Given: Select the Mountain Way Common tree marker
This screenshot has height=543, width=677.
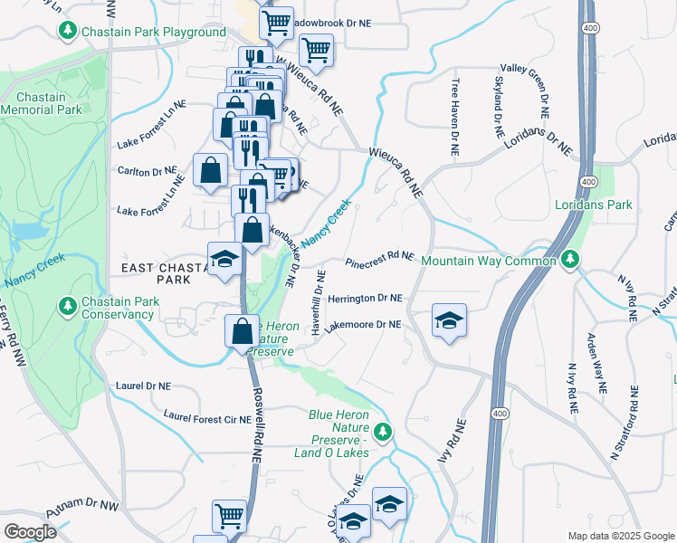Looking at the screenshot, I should (x=569, y=261).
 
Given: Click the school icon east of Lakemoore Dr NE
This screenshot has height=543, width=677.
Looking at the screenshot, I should (x=448, y=321).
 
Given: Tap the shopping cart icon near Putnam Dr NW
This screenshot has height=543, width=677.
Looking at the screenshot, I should (x=230, y=517).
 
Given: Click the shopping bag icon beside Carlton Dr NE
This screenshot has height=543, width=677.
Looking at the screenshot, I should (x=210, y=170).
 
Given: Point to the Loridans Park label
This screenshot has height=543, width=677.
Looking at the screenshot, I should (x=593, y=205).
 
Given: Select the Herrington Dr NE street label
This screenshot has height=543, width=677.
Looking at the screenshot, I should (x=365, y=297).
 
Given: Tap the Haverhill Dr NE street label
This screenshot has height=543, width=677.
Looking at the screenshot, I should (x=318, y=303).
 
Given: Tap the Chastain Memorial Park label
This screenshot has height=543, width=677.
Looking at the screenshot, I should (x=41, y=103).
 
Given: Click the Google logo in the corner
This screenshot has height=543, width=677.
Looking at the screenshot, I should (x=30, y=532).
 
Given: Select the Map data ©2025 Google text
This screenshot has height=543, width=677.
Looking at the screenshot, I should (x=621, y=536).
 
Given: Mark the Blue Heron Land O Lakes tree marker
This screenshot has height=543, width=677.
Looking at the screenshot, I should (x=385, y=431).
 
